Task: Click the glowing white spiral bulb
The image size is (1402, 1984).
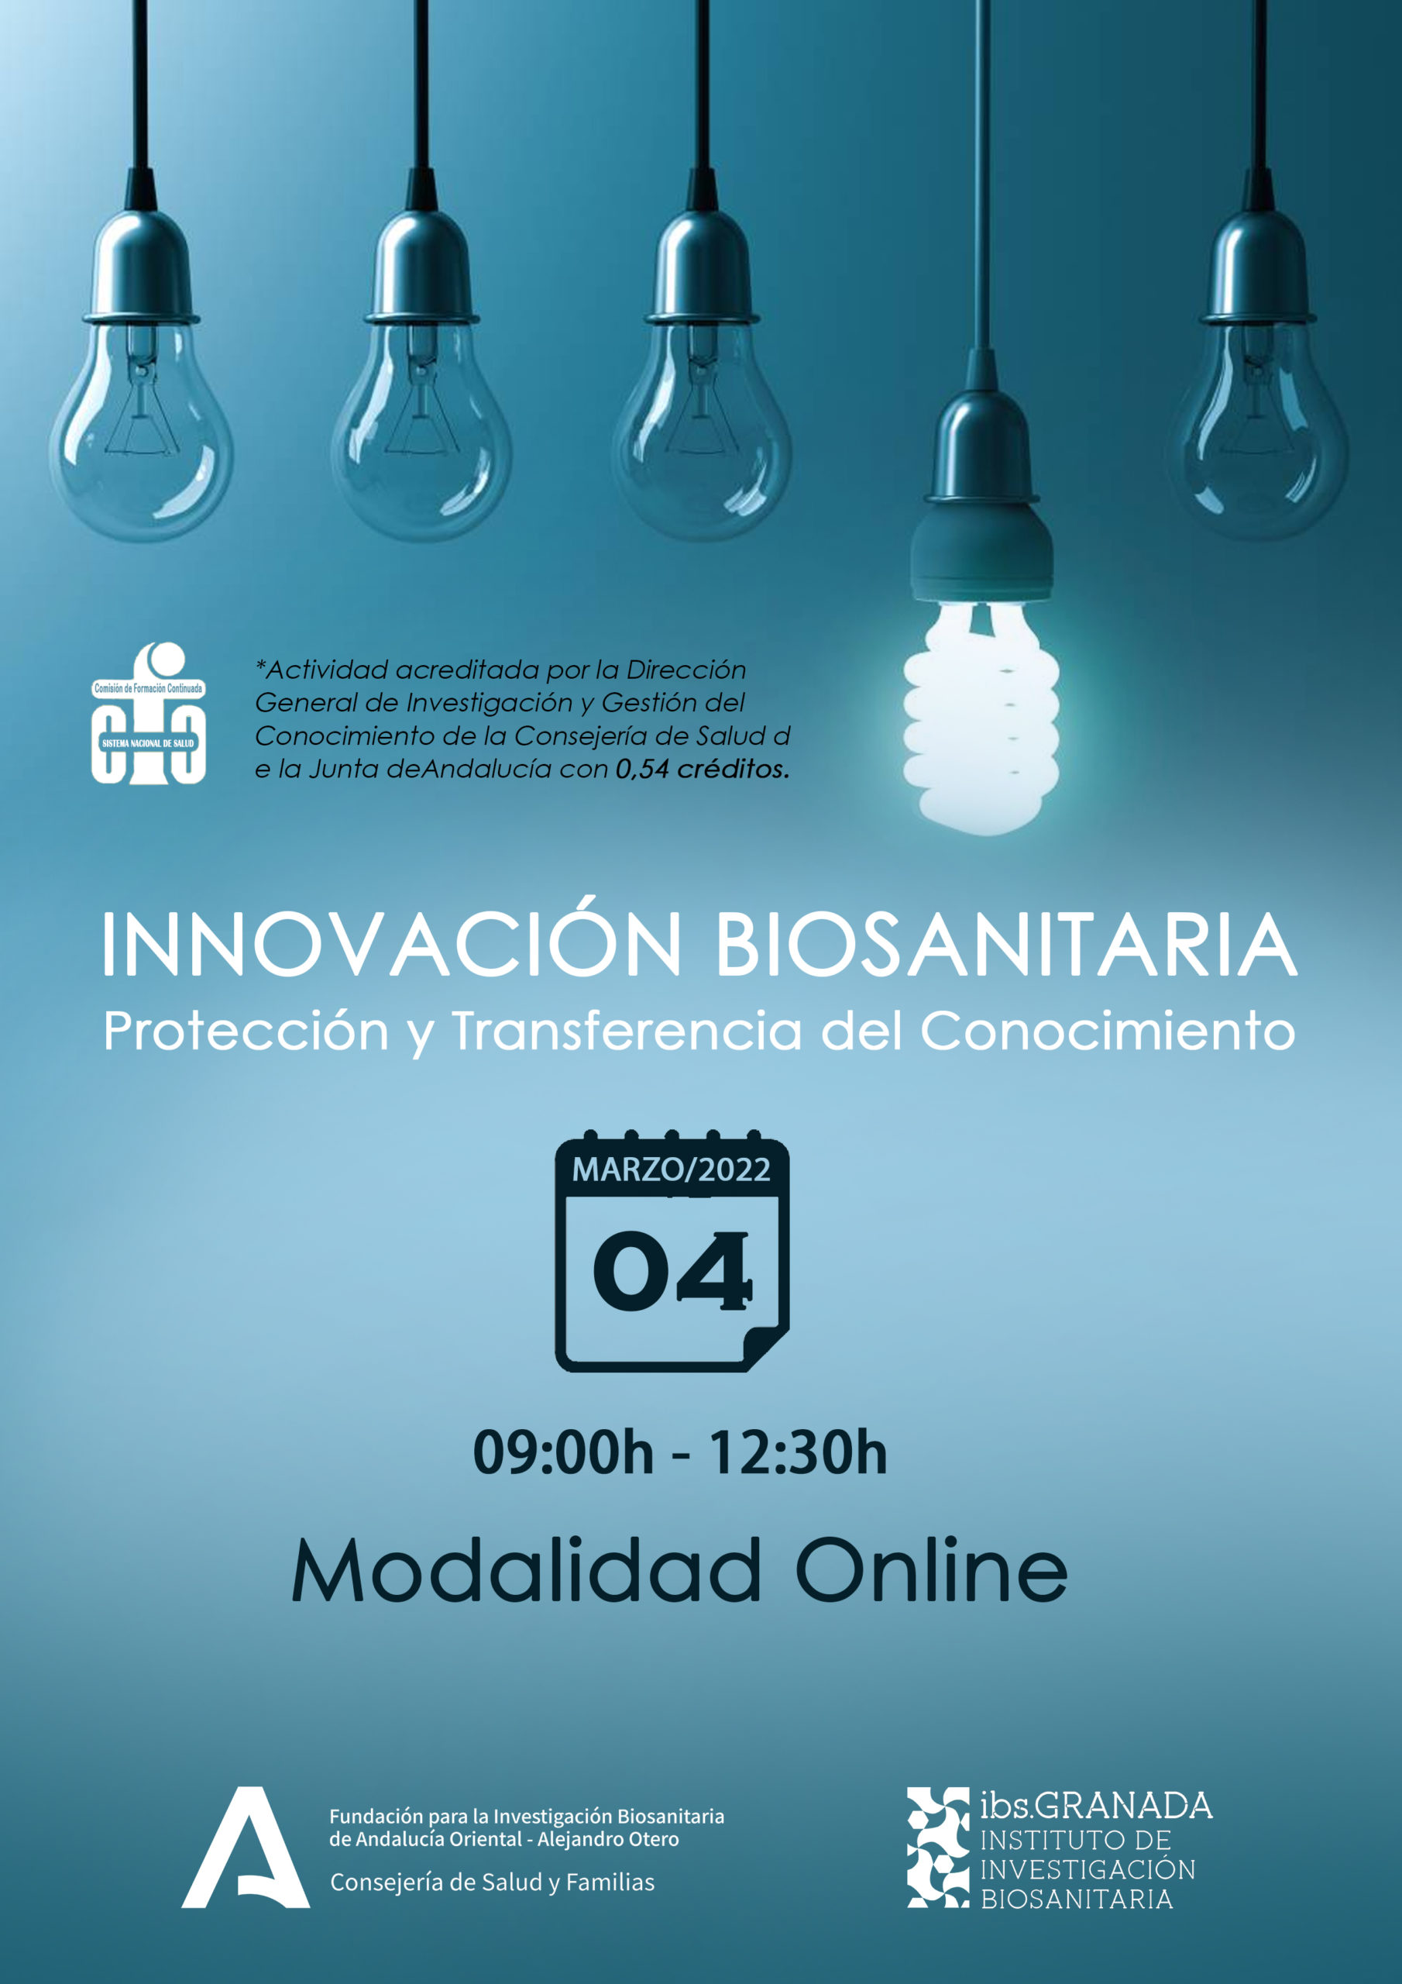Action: (x=981, y=716)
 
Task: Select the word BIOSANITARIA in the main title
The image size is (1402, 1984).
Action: (x=1006, y=944)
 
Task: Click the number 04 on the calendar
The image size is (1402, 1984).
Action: (x=672, y=1270)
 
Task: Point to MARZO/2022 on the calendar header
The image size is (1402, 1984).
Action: (x=672, y=1169)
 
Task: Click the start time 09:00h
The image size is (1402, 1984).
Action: (x=563, y=1452)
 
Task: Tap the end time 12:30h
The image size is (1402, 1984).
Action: (x=798, y=1452)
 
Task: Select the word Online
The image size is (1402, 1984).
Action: (x=931, y=1570)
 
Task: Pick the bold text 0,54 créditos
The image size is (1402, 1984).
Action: (x=703, y=769)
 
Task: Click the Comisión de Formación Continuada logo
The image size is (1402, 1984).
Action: (x=149, y=713)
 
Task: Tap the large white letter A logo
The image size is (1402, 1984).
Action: (x=246, y=1847)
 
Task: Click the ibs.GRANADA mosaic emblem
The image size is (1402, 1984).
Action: (x=938, y=1847)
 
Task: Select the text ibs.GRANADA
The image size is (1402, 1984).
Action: (x=1096, y=1805)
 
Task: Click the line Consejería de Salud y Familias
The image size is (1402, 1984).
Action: (x=493, y=1882)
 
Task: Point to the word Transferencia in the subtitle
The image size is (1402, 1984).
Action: (x=628, y=1031)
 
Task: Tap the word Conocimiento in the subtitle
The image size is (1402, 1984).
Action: (x=1108, y=1031)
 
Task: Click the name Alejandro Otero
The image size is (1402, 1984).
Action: (x=608, y=1839)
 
